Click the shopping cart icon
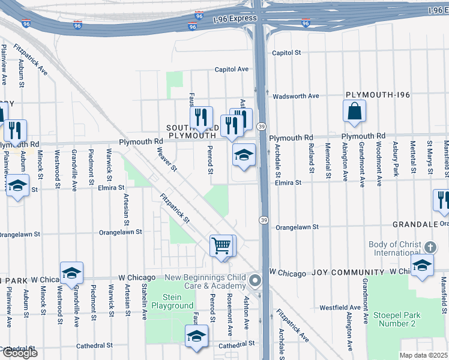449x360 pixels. pos(221,245)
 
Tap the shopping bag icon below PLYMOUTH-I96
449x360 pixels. pos(355,110)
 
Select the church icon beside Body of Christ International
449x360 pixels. pos(430,247)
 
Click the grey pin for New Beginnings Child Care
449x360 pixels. pos(256,281)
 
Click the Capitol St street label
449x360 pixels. pos(286,53)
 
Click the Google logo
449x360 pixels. pos(19,353)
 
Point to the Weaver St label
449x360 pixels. pos(166,159)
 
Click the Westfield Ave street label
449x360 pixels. pos(340,307)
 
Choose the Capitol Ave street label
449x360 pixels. pos(232,70)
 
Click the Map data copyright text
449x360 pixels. pos(424,355)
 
